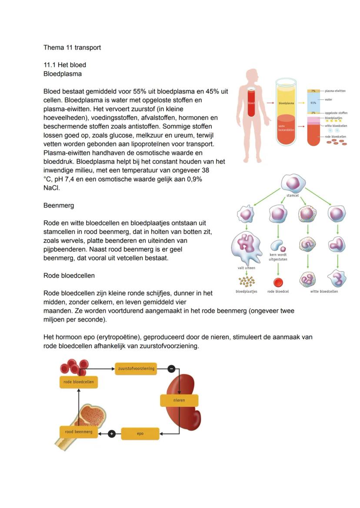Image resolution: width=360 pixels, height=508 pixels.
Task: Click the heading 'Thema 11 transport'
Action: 72,48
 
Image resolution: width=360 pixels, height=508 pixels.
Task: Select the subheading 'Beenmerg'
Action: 59,206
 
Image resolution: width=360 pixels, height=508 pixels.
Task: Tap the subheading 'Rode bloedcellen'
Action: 69,276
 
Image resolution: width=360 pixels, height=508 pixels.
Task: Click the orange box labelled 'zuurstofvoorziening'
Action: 136,369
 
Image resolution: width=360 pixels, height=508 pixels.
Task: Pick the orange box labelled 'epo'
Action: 140,434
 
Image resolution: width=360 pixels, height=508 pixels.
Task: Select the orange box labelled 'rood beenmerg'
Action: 79,432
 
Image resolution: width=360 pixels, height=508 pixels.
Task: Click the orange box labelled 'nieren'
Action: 179,400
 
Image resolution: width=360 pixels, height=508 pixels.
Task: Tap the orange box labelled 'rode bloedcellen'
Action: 79,382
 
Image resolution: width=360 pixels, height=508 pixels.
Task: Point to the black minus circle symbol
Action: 171,369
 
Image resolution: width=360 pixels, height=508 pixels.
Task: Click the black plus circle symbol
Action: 111,434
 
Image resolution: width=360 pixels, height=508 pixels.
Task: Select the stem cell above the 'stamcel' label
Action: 293,183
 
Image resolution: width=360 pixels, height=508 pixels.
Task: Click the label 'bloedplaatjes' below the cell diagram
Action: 246,292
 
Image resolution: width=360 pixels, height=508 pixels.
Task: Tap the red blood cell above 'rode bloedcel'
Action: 278,282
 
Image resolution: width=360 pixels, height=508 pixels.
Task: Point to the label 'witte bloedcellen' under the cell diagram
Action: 324,292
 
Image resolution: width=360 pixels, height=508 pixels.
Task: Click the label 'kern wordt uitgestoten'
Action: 278,257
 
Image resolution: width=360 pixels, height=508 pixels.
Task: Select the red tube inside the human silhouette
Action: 251,103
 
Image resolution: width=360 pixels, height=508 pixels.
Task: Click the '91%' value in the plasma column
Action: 313,103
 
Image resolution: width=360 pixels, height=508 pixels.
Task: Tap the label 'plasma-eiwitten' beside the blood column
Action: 335,91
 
